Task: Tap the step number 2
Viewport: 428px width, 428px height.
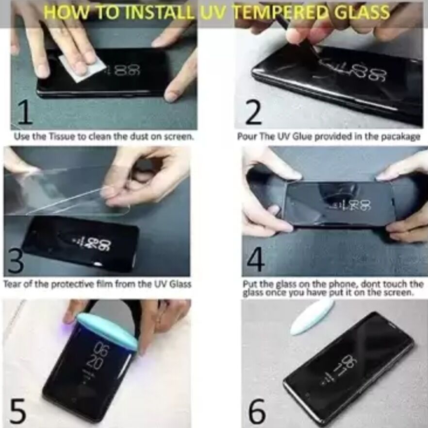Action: point(253,112)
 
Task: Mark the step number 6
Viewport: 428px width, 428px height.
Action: point(257,411)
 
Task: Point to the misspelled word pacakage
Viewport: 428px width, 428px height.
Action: point(401,137)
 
